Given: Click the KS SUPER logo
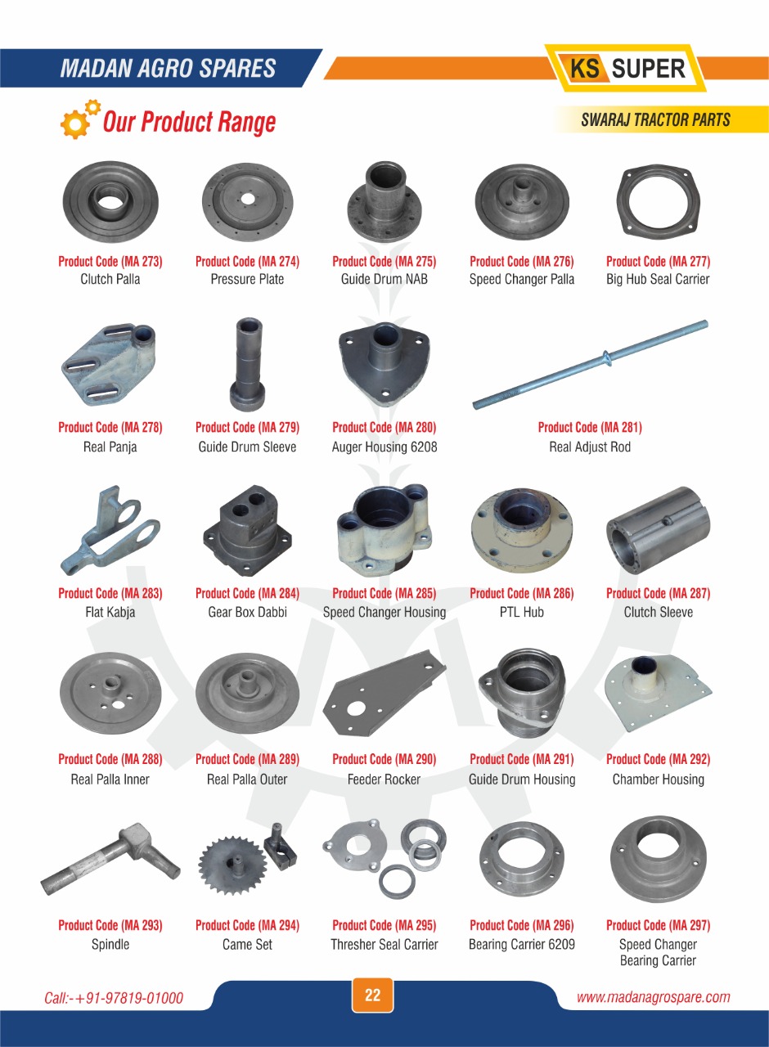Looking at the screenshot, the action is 626,68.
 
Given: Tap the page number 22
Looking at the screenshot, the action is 372,995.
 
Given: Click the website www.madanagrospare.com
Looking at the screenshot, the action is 653,997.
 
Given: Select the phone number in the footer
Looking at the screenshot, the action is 114,998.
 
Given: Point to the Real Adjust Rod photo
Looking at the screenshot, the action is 590,365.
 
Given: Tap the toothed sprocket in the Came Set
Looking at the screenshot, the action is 232,865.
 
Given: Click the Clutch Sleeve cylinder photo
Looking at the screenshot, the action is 659,530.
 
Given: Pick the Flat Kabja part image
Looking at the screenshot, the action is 110,530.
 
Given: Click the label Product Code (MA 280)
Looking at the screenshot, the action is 384,427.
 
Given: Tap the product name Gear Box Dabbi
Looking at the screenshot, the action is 247,612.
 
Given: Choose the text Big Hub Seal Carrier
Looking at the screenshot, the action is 658,279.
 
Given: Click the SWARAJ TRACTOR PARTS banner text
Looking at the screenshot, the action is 655,119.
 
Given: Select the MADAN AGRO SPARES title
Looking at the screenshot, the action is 168,68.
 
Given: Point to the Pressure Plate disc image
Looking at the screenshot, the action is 247,202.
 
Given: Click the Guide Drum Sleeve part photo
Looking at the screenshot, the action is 248,365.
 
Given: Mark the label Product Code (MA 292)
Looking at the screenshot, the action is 659,759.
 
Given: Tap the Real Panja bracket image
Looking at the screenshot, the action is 109,366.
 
